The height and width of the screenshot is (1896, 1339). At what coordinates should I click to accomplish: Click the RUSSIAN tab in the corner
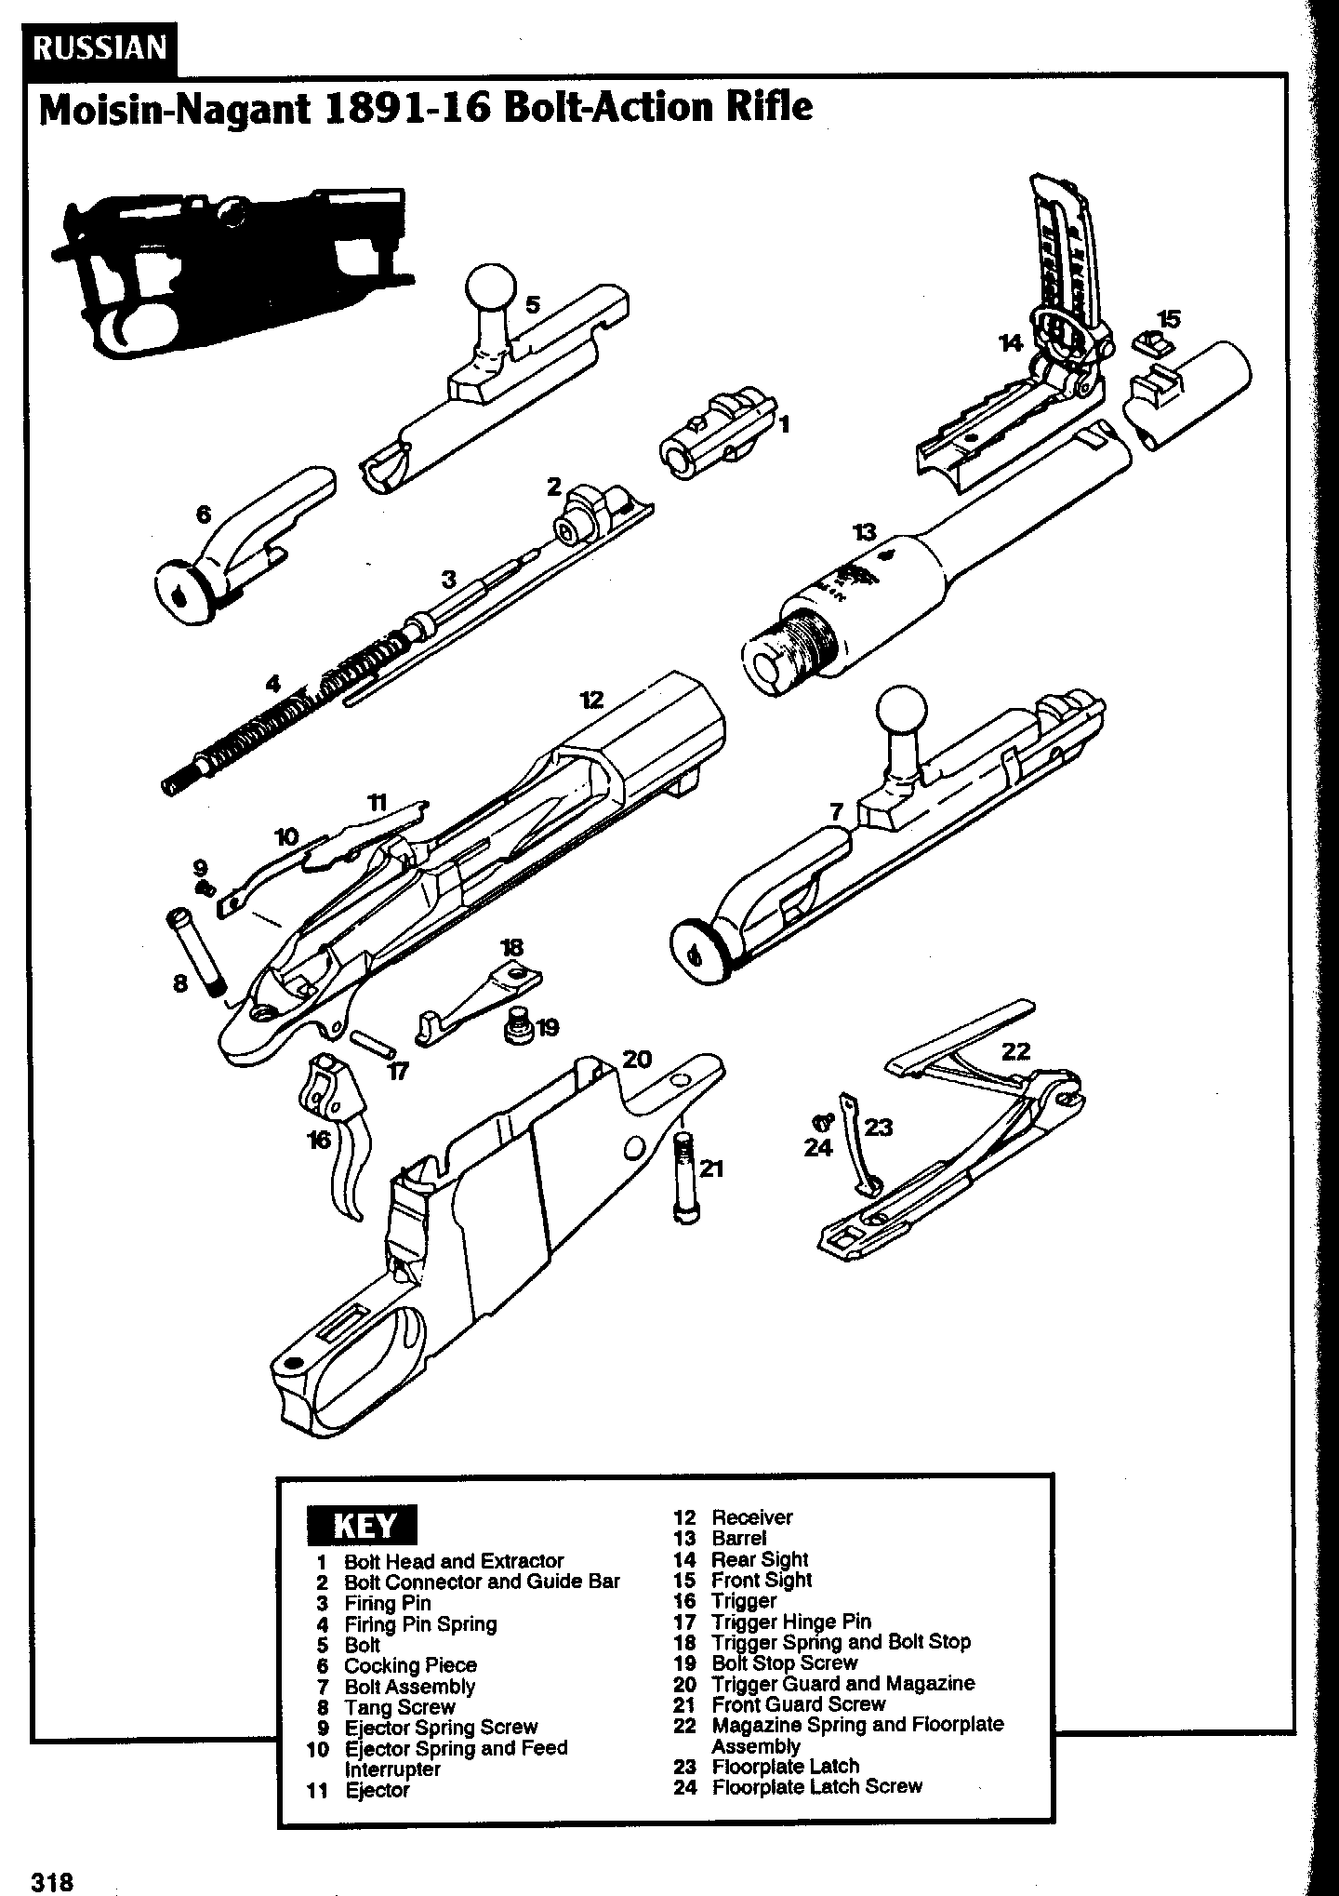click(x=100, y=47)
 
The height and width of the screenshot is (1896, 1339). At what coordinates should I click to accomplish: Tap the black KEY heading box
click(x=363, y=1526)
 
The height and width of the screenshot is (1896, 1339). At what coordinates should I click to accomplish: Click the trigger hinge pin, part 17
click(x=375, y=1041)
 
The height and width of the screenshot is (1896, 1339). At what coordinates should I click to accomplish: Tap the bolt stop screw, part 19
click(x=517, y=1027)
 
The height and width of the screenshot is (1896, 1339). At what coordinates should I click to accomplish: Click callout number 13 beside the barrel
click(x=865, y=532)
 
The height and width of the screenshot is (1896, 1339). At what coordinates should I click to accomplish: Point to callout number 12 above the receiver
click(x=591, y=700)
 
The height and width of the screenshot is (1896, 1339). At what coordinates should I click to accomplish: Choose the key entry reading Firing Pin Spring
click(x=420, y=1623)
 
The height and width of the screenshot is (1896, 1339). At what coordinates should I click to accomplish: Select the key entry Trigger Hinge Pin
click(x=790, y=1622)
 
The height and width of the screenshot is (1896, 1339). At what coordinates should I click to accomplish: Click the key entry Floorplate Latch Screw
click(x=816, y=1785)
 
